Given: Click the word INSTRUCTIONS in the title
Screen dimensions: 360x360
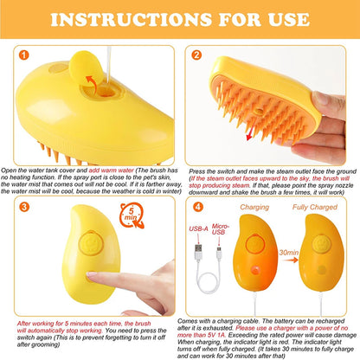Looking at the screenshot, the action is click(x=132, y=20).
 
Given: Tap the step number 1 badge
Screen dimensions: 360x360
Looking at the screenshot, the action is click(x=23, y=55).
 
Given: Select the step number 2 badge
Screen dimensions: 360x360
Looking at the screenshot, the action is click(x=196, y=55).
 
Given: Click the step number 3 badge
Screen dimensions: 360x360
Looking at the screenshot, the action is click(x=24, y=207).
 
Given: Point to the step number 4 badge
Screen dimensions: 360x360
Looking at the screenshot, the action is click(x=198, y=207).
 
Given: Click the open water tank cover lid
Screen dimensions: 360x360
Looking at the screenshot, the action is click(x=86, y=68).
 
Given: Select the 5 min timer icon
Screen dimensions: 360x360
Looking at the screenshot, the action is click(x=132, y=215).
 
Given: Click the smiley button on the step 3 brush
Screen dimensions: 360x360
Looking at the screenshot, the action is click(x=91, y=242).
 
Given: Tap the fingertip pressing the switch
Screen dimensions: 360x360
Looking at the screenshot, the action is click(x=92, y=274).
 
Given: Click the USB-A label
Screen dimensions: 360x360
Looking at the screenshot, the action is click(x=198, y=229).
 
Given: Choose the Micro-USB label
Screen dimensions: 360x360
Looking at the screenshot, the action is click(x=221, y=229).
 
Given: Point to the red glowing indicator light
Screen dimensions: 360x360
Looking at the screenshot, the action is click(x=255, y=270).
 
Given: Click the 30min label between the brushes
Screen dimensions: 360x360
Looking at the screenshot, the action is click(x=289, y=253).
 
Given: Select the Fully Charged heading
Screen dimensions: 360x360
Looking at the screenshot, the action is click(x=315, y=207).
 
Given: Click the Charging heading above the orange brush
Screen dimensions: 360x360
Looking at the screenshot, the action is click(x=254, y=207).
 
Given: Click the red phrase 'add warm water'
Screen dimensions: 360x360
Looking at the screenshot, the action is click(x=112, y=170).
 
